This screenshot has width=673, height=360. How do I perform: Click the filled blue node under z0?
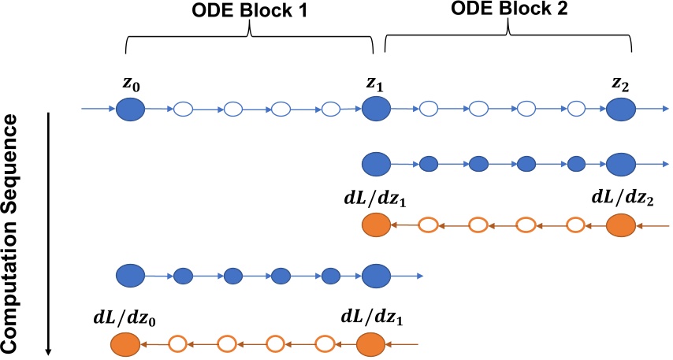pos(130,109)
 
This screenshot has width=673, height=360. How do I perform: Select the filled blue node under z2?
pos(620,109)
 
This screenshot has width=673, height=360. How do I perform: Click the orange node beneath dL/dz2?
pos(620,225)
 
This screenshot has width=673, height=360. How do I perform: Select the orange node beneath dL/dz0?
pos(126,344)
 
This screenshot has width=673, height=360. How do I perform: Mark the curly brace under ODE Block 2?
pos(508,35)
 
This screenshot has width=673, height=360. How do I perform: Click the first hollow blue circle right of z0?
pos(184,109)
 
